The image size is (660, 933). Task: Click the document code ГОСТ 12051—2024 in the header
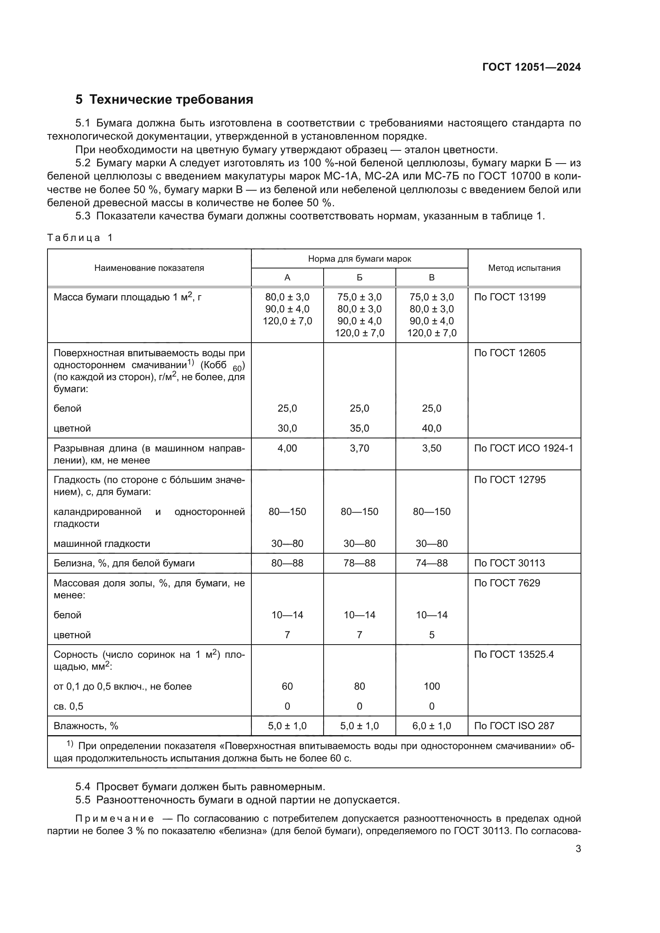click(x=531, y=67)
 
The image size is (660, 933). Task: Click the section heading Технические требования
click(x=171, y=100)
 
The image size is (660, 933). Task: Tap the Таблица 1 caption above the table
click(x=80, y=238)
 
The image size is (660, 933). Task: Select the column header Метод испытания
click(x=524, y=268)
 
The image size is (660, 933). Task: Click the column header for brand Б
click(x=359, y=278)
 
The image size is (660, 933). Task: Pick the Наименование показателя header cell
click(x=149, y=268)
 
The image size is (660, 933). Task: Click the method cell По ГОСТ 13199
click(x=510, y=297)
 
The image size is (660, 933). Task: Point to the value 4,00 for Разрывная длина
click(x=287, y=448)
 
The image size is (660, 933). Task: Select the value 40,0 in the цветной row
click(x=431, y=428)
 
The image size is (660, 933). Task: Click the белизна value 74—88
click(x=431, y=563)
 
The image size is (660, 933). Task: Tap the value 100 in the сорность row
click(x=431, y=686)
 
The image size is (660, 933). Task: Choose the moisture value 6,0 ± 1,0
click(x=431, y=726)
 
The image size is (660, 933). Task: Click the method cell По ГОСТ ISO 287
click(x=514, y=726)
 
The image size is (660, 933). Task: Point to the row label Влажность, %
click(x=86, y=726)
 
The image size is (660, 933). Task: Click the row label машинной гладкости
click(x=102, y=544)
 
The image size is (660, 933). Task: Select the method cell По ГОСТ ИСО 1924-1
click(x=524, y=448)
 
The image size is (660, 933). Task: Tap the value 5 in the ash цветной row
click(x=431, y=635)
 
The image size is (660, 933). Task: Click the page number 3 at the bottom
click(x=578, y=848)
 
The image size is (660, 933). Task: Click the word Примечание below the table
click(x=115, y=819)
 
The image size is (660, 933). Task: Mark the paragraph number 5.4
click(x=83, y=787)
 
